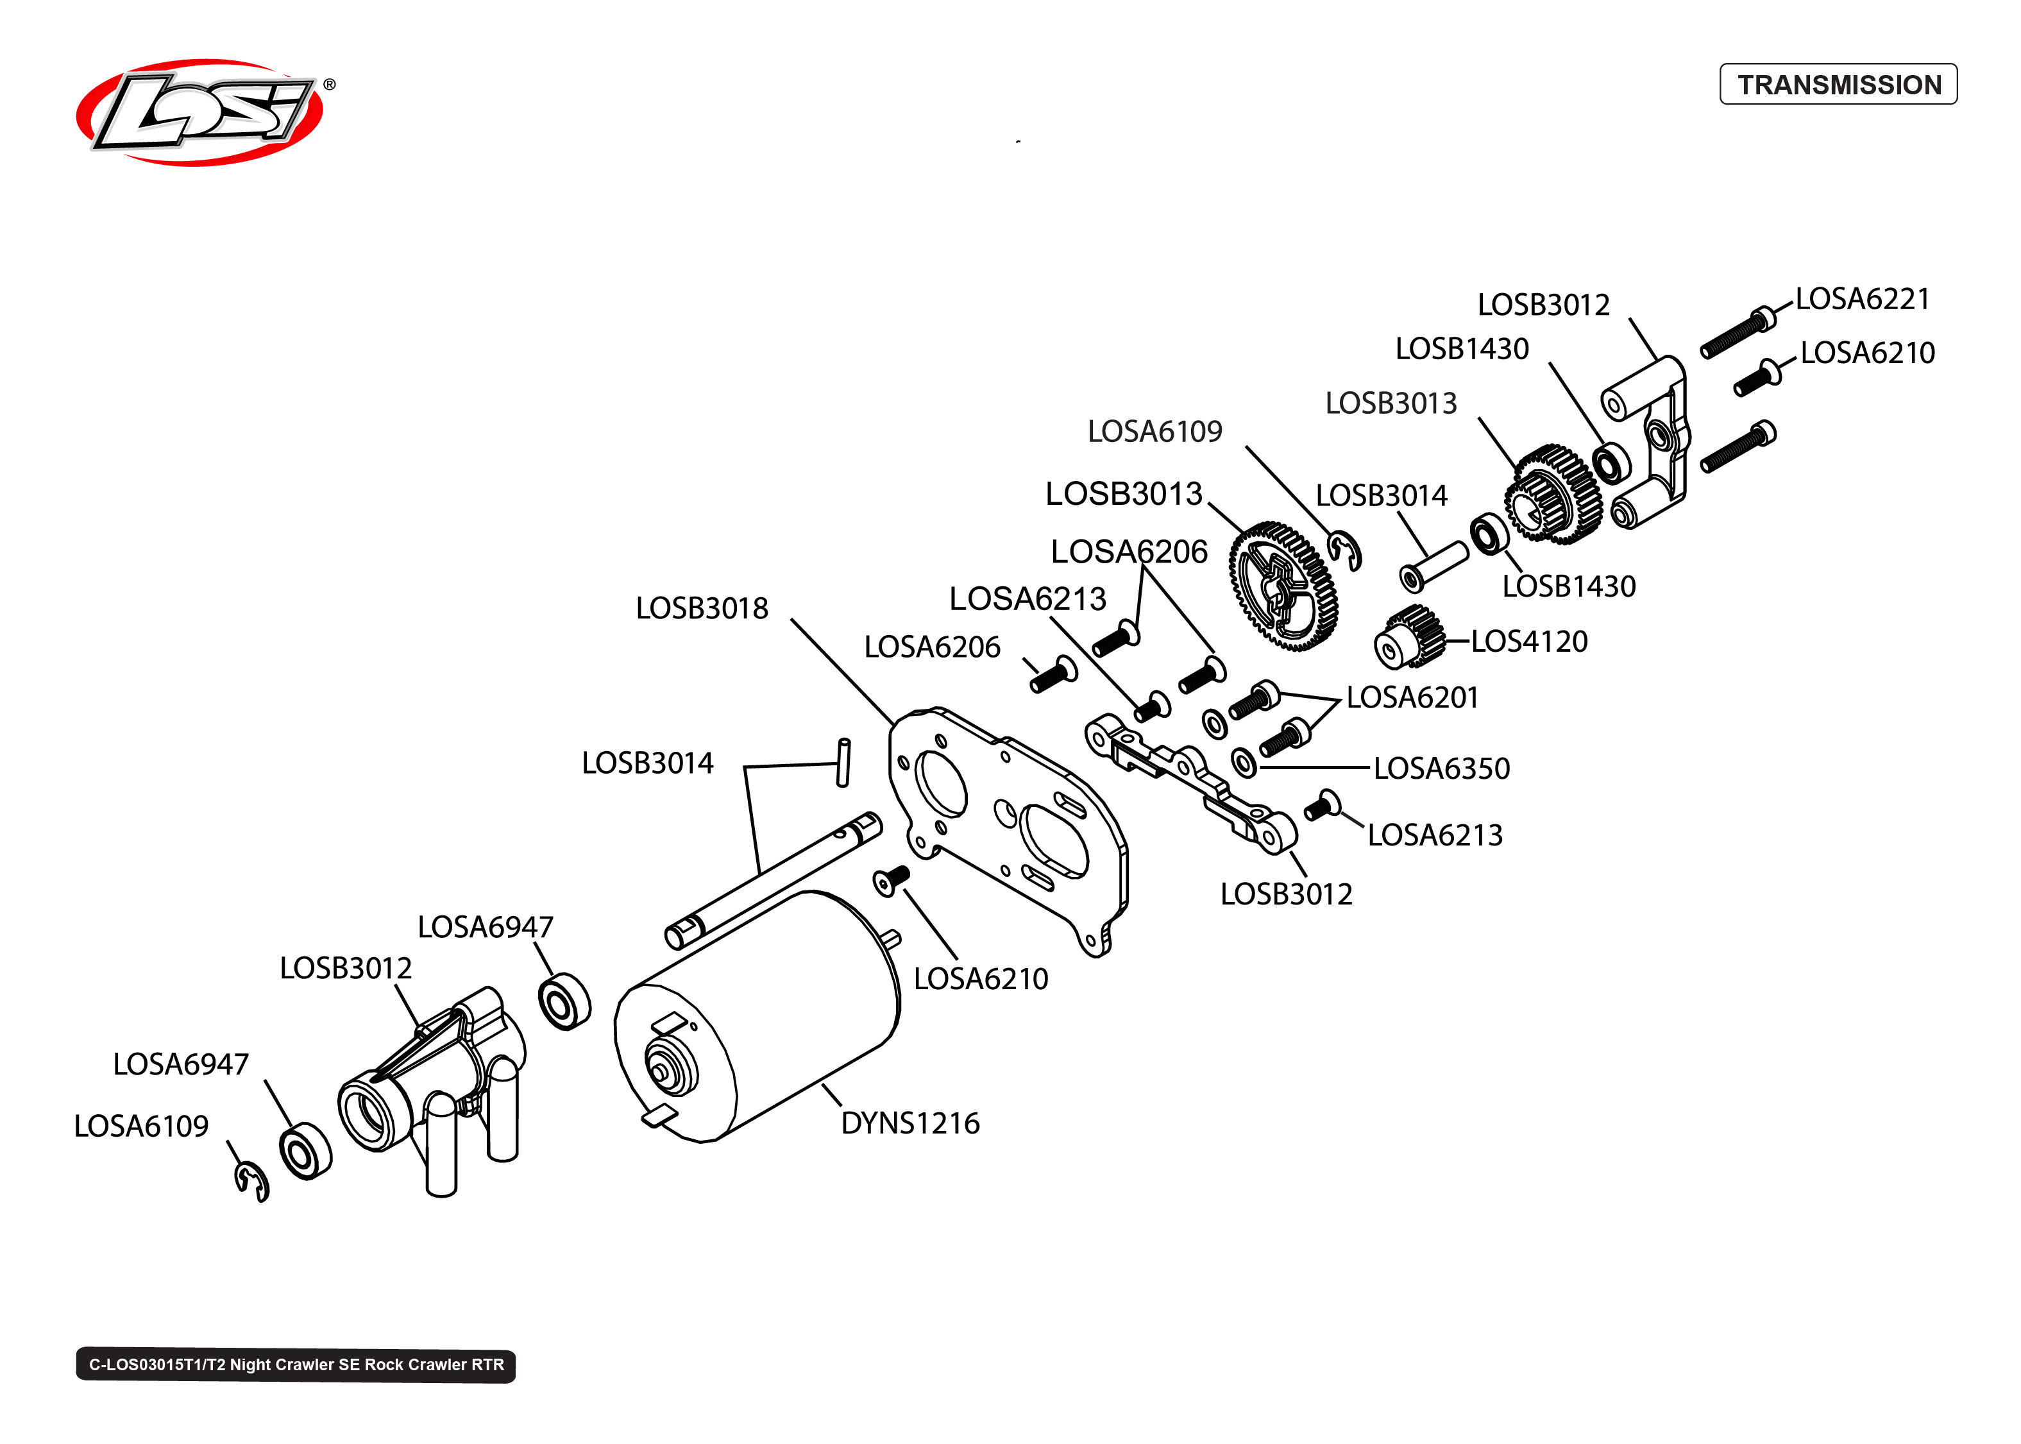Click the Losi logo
[x=200, y=113]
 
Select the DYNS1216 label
[x=909, y=1123]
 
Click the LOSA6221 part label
[x=1861, y=299]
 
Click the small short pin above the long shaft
[x=843, y=762]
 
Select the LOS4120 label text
[x=1528, y=641]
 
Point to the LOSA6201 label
[x=1411, y=697]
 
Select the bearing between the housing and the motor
[x=564, y=1002]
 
